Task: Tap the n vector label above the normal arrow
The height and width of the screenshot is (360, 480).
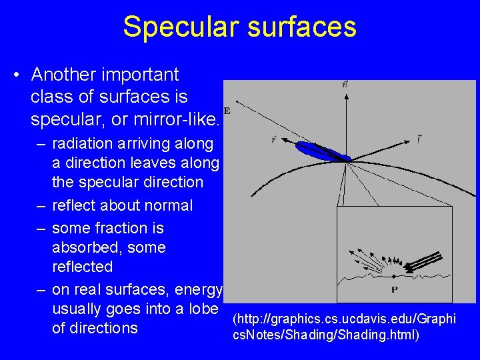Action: [344, 85]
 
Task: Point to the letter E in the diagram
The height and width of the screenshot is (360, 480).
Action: [227, 110]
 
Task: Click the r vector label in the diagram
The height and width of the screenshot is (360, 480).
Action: [274, 139]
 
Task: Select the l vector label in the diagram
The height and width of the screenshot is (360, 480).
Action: [418, 139]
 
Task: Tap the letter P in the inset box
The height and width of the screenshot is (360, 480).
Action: [394, 289]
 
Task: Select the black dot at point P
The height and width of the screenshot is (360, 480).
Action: [394, 275]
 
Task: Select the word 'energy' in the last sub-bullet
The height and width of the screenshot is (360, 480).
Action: [199, 289]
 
